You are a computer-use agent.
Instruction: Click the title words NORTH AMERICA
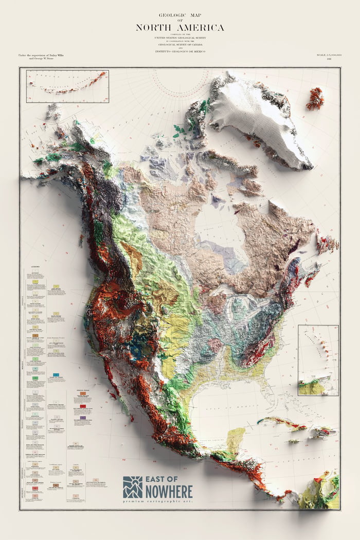(x=180, y=28)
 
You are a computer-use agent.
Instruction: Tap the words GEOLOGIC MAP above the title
(x=180, y=16)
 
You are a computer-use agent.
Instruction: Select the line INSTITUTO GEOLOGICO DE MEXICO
(x=180, y=51)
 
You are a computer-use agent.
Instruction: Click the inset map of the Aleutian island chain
(x=67, y=86)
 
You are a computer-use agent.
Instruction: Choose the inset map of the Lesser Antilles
(x=318, y=360)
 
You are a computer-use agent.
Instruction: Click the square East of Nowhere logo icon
(x=133, y=487)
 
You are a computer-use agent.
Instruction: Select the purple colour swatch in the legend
(x=83, y=418)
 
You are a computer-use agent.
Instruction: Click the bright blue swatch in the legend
(x=56, y=375)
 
